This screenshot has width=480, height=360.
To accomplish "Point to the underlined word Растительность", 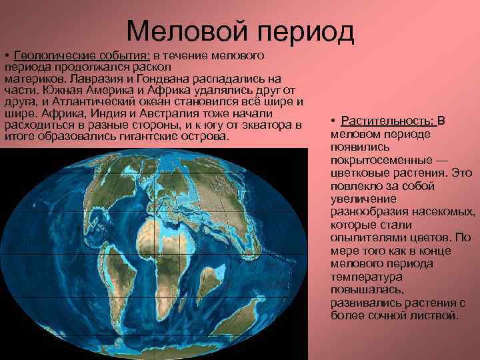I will coord(387,121).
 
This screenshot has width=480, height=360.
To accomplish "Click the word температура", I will coord(364,276).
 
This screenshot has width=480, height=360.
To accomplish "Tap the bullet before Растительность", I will coord(333,121).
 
